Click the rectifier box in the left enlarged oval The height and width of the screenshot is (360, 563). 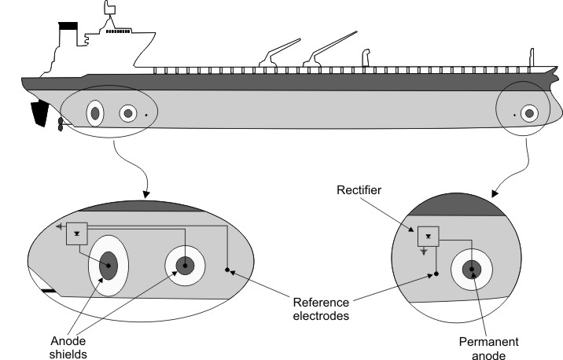click(77, 233)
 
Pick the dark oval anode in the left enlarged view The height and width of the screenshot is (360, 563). click(108, 266)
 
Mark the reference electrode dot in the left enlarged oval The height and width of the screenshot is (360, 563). click(227, 270)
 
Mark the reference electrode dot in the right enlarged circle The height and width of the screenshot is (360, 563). click(436, 274)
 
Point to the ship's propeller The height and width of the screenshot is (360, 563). click(61, 125)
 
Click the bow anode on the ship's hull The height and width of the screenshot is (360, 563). click(529, 114)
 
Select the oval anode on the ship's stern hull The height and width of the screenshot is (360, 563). click(95, 114)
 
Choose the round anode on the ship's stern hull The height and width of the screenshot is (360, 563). click(127, 114)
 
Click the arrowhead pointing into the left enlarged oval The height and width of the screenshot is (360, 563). click(145, 193)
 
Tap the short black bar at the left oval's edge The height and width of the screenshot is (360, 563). click(48, 292)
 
